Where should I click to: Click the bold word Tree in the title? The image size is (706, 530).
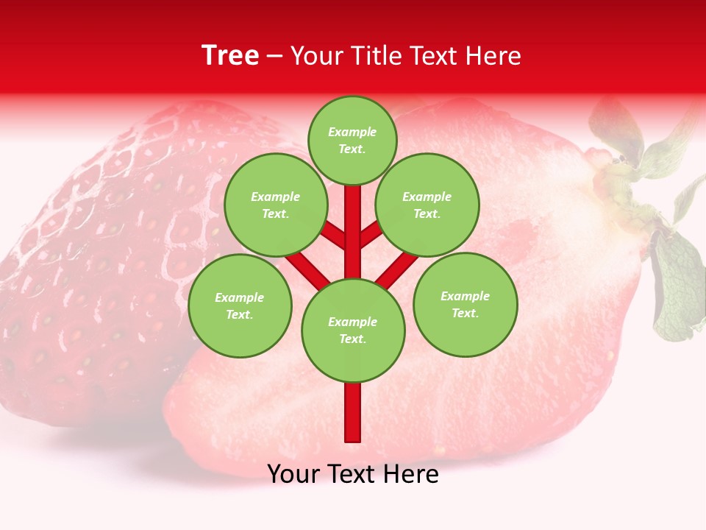click(230, 56)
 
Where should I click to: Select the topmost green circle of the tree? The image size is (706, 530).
click(352, 140)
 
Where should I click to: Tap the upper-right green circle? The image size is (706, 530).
click(427, 205)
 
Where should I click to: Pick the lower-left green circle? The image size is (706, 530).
click(239, 305)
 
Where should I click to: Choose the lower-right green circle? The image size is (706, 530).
click(465, 304)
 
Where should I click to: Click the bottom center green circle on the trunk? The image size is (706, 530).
click(352, 330)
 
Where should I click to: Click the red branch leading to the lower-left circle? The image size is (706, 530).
click(307, 270)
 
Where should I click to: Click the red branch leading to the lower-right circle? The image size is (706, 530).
click(397, 270)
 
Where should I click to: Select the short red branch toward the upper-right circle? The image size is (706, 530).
click(370, 235)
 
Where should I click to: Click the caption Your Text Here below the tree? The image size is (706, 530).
click(352, 474)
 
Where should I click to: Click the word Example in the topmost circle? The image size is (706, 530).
click(352, 132)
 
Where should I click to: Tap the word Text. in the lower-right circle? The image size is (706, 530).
click(465, 313)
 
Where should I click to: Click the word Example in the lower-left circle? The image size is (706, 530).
click(239, 297)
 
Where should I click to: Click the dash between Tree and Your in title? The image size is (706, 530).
click(275, 57)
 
